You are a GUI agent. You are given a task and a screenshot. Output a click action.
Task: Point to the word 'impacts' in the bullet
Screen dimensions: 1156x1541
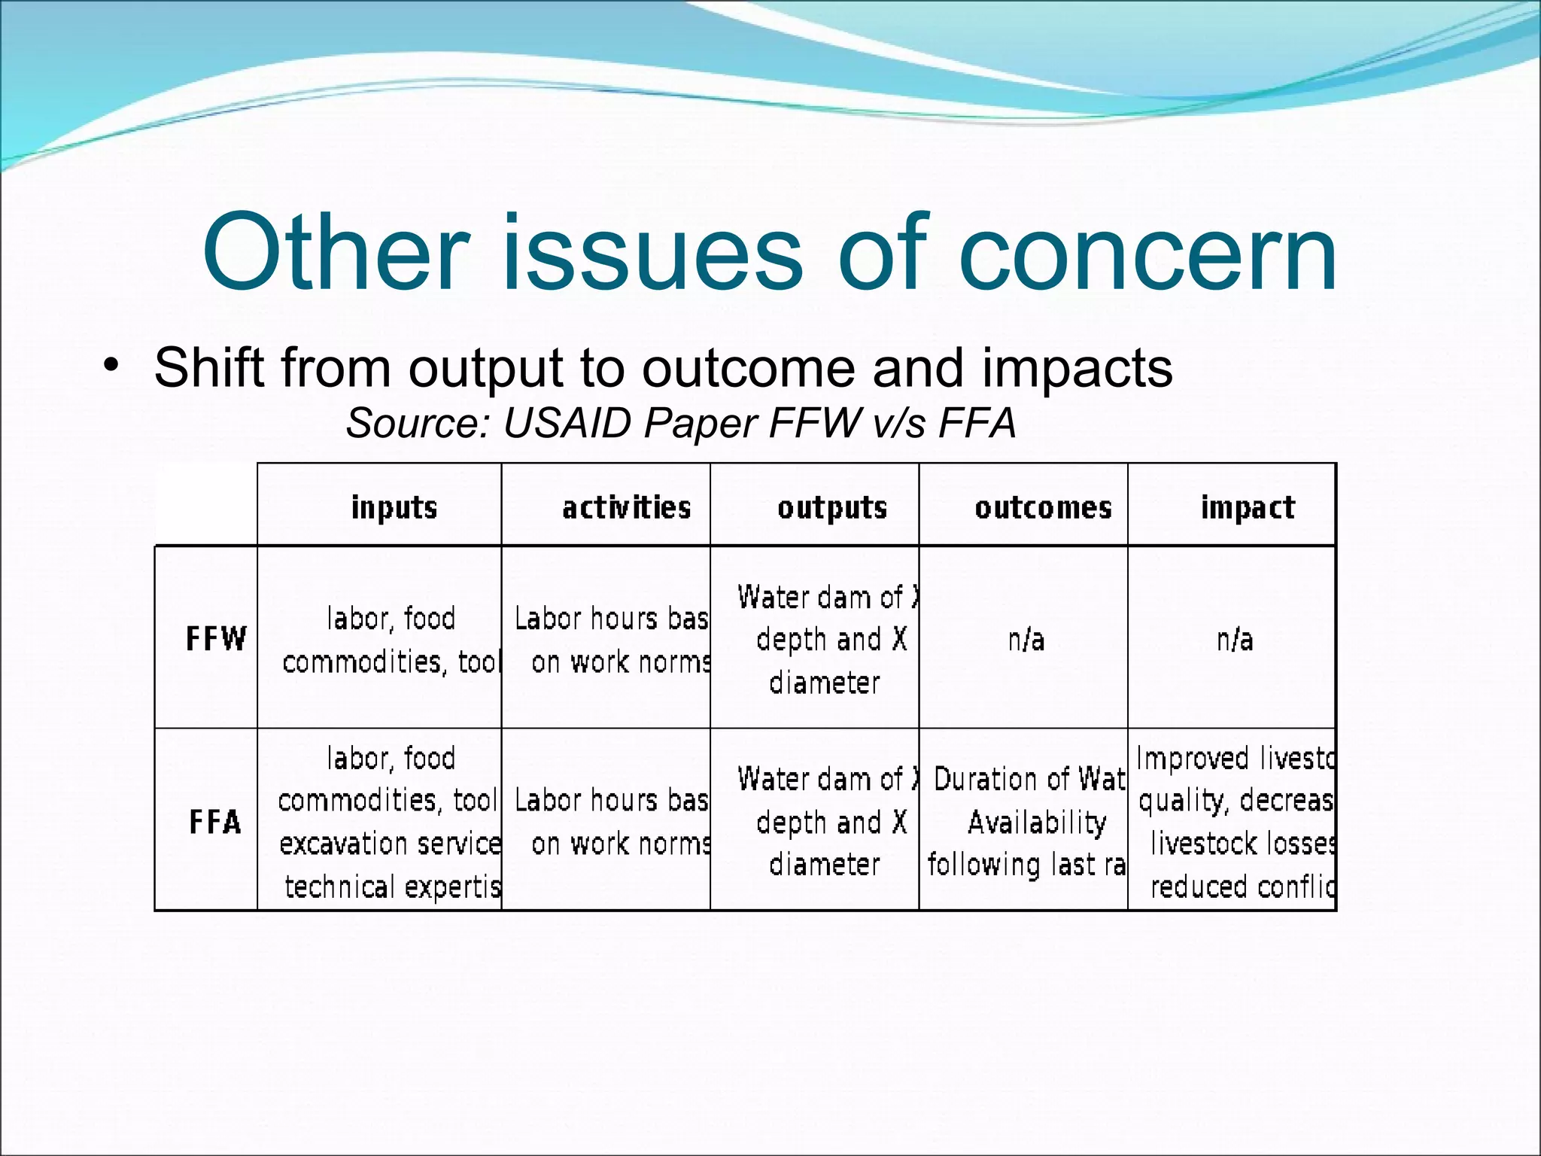point(1077,369)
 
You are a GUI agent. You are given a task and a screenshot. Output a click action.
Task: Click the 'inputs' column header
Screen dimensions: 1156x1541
point(394,507)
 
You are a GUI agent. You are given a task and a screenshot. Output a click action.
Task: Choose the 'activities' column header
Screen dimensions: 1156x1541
point(626,507)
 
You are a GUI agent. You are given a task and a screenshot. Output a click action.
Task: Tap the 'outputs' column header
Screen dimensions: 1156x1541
point(832,508)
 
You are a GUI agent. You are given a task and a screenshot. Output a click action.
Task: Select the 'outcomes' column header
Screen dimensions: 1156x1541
point(1043,508)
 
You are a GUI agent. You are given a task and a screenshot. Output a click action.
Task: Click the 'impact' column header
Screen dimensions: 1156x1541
point(1248,508)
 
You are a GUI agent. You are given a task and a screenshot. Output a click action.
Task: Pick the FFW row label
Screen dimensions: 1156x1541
point(216,640)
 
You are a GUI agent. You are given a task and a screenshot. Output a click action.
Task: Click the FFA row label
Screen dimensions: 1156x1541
point(215,822)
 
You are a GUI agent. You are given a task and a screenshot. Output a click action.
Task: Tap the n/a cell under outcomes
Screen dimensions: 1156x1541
point(1026,640)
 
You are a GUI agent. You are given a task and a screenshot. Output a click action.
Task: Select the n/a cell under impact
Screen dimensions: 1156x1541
point(1235,640)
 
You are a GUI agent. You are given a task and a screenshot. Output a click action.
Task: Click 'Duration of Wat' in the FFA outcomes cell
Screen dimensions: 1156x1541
point(1029,780)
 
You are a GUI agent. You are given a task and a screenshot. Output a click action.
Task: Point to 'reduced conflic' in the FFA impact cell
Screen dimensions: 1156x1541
point(1242,887)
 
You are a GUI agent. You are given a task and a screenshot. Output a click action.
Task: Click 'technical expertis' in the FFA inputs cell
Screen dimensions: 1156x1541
point(393,887)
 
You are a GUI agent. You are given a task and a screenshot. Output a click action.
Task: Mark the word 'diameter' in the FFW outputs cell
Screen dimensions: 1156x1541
point(825,683)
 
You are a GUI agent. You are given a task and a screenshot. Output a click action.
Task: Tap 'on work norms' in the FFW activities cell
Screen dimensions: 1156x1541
point(621,662)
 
